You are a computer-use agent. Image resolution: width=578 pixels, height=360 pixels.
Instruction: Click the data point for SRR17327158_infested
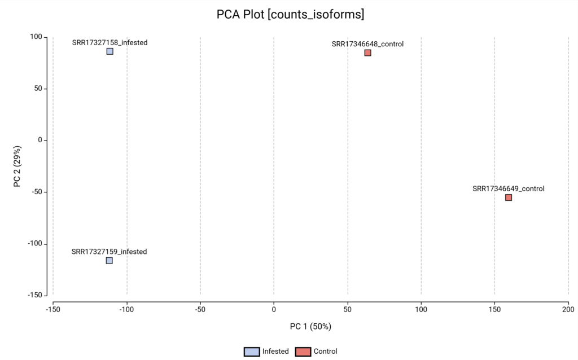[110, 51]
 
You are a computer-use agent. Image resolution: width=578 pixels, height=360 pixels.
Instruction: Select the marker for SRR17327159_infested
[109, 261]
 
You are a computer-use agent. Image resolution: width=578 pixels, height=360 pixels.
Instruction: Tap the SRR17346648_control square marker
[367, 53]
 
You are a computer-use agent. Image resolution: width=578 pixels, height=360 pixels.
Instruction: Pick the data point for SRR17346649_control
[509, 197]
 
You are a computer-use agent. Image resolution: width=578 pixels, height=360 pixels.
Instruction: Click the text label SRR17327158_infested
[110, 42]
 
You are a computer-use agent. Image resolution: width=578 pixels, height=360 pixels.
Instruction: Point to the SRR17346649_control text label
[509, 188]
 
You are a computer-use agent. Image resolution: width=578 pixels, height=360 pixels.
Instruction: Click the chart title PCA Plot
[290, 15]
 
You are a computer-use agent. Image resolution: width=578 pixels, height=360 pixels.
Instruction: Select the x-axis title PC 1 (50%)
[310, 326]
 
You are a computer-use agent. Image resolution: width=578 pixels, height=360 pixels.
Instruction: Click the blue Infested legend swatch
[252, 352]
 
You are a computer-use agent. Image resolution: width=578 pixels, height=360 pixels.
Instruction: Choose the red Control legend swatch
[303, 352]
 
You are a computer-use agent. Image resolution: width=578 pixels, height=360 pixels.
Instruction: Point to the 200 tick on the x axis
[568, 309]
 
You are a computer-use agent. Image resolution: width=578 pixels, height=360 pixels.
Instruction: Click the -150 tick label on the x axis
[53, 309]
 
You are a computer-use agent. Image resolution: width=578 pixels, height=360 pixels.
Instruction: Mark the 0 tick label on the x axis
[274, 309]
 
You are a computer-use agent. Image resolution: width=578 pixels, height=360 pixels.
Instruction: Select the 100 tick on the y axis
[36, 37]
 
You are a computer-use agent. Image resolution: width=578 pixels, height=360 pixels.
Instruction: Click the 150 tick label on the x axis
[494, 309]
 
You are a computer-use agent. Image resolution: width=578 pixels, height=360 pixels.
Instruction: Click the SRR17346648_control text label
[367, 44]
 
